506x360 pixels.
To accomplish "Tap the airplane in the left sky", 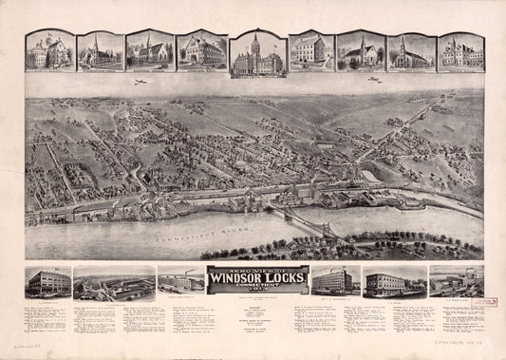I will tap(140, 84).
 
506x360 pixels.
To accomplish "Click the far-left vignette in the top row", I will tap(49, 51).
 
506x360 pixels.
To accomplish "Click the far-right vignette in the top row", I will tap(460, 51).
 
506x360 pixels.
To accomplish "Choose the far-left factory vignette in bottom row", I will tap(47, 282).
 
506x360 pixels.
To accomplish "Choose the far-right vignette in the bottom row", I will tap(456, 282).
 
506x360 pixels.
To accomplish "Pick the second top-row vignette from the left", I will tap(101, 51).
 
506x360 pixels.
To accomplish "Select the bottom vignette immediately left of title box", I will tap(180, 283).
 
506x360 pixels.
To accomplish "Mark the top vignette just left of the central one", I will tap(201, 51).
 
